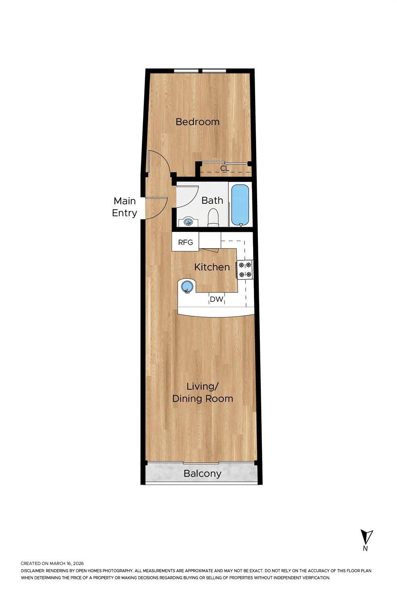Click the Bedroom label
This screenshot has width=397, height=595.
coord(198,122)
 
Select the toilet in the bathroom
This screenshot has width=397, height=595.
coord(213,218)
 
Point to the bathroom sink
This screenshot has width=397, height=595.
coord(188,222)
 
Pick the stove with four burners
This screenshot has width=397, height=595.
coord(245,269)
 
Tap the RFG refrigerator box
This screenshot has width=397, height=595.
coord(185,241)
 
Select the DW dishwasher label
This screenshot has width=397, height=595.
coord(216,299)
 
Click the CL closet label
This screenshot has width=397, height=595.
coord(225,168)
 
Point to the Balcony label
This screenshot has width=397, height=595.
coord(203,473)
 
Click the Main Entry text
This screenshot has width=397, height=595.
coord(124,207)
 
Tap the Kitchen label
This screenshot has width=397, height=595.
coord(212,267)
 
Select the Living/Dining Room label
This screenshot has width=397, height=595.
coord(203,392)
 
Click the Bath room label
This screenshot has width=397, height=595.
coord(212,201)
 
